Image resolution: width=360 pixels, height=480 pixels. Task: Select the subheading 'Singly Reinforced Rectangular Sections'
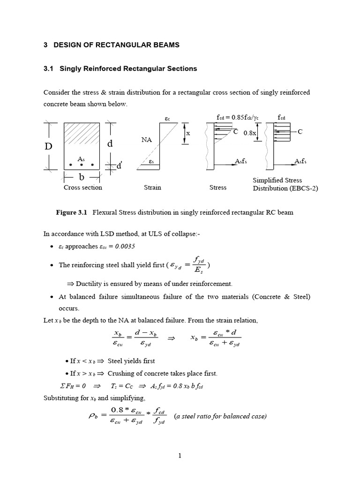click(x=128, y=68)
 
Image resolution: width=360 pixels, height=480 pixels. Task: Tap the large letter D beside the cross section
click(x=49, y=146)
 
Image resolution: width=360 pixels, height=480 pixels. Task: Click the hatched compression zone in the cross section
click(x=82, y=136)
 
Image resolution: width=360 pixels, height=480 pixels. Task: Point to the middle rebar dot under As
click(x=82, y=165)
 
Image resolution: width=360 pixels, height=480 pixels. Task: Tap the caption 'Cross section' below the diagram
click(x=82, y=187)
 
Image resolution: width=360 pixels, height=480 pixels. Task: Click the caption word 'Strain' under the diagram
click(x=152, y=187)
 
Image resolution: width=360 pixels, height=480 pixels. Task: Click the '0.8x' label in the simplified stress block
click(x=250, y=133)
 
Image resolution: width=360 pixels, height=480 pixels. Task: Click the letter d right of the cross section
click(x=110, y=143)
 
